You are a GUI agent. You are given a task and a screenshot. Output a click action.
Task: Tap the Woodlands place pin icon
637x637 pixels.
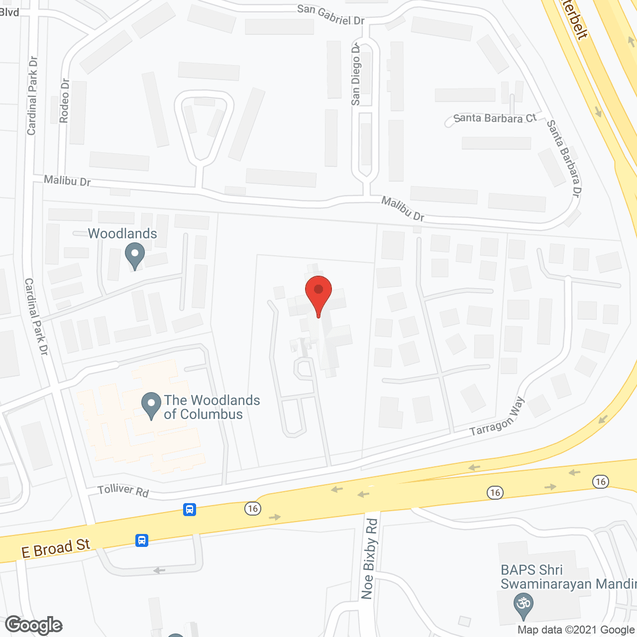click(134, 255)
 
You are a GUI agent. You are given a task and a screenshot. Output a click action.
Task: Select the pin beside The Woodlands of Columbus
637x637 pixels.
click(151, 405)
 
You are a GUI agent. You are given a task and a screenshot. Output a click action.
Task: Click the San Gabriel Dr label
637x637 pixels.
click(330, 14)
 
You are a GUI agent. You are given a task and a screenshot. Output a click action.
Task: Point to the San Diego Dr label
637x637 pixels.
click(356, 75)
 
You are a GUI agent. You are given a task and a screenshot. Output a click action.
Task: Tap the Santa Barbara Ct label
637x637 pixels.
click(495, 118)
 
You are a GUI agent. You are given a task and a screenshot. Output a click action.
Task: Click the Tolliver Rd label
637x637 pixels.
click(123, 490)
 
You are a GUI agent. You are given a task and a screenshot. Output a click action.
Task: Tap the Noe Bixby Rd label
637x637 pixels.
click(369, 558)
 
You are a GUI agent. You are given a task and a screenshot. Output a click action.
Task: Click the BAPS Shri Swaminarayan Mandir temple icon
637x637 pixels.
click(523, 604)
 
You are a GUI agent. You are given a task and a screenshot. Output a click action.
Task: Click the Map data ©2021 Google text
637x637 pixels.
click(576, 630)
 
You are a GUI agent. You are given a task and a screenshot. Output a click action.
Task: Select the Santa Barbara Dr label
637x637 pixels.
click(564, 158)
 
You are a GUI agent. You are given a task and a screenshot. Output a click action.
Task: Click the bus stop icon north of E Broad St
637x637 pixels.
click(190, 510)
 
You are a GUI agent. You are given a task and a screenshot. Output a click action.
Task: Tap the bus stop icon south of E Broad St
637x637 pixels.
click(142, 540)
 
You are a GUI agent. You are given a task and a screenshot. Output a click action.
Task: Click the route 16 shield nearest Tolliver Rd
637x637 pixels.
click(253, 508)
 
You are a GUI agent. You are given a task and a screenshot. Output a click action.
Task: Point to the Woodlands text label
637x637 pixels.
click(122, 234)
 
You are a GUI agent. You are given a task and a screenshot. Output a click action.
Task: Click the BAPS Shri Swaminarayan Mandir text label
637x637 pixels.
click(567, 577)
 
